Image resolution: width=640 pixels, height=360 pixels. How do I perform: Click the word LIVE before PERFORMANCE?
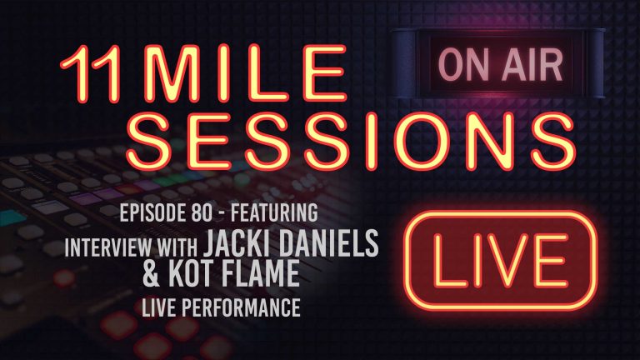click(x=189, y=309)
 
